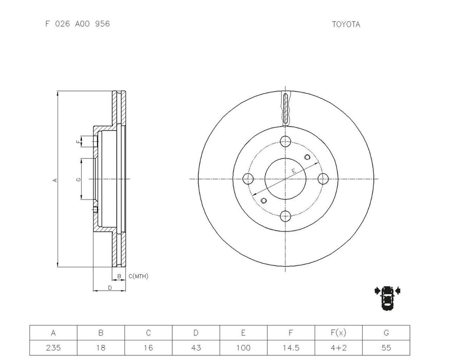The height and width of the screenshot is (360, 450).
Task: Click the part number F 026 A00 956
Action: tap(77, 24)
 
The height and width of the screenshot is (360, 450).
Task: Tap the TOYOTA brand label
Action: tap(346, 24)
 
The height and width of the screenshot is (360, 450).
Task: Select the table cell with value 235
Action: tap(53, 347)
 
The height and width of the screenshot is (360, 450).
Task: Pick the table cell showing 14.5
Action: tap(291, 347)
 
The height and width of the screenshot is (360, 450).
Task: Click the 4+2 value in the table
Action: tap(338, 347)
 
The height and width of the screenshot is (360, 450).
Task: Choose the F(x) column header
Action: tap(338, 333)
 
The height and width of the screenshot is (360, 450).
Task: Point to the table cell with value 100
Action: tap(243, 347)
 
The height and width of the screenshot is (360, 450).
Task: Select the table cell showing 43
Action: tap(196, 347)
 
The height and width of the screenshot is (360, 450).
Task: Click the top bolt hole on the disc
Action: tap(286, 142)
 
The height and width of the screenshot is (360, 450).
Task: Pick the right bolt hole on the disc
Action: tap(323, 179)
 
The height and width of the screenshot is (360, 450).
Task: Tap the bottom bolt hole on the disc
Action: tap(286, 216)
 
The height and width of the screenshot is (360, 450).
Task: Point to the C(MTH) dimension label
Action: tap(138, 277)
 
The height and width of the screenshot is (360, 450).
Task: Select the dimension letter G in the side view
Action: tap(78, 179)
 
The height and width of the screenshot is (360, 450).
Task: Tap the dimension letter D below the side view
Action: tap(110, 287)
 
